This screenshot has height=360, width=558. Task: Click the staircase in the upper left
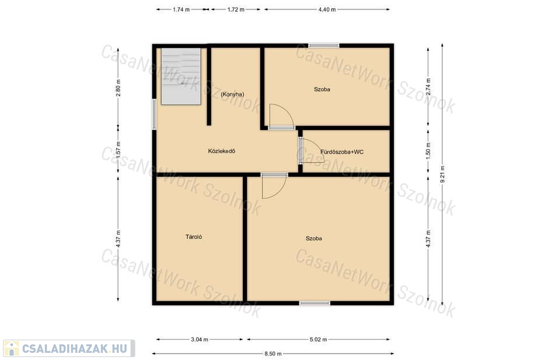click(181, 76)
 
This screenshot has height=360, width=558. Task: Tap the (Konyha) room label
click(232, 95)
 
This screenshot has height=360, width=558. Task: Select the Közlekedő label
click(222, 151)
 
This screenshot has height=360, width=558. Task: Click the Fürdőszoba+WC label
click(342, 152)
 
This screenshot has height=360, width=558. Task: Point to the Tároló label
click(194, 236)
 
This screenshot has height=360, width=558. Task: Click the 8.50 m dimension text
click(273, 354)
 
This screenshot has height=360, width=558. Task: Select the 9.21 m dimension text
click(442, 174)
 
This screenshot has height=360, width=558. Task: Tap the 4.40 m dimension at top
click(327, 9)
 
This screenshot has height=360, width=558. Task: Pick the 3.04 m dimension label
click(200, 340)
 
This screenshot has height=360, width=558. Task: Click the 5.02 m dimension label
click(318, 340)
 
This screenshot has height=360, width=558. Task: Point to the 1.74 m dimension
click(182, 9)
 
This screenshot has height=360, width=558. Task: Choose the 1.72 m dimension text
click(236, 9)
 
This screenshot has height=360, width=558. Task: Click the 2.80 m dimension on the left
click(118, 88)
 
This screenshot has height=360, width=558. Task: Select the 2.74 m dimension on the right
click(428, 86)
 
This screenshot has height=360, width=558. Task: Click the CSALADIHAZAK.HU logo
click(69, 348)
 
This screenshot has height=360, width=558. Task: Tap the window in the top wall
click(323, 45)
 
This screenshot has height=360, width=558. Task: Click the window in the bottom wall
click(315, 303)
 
